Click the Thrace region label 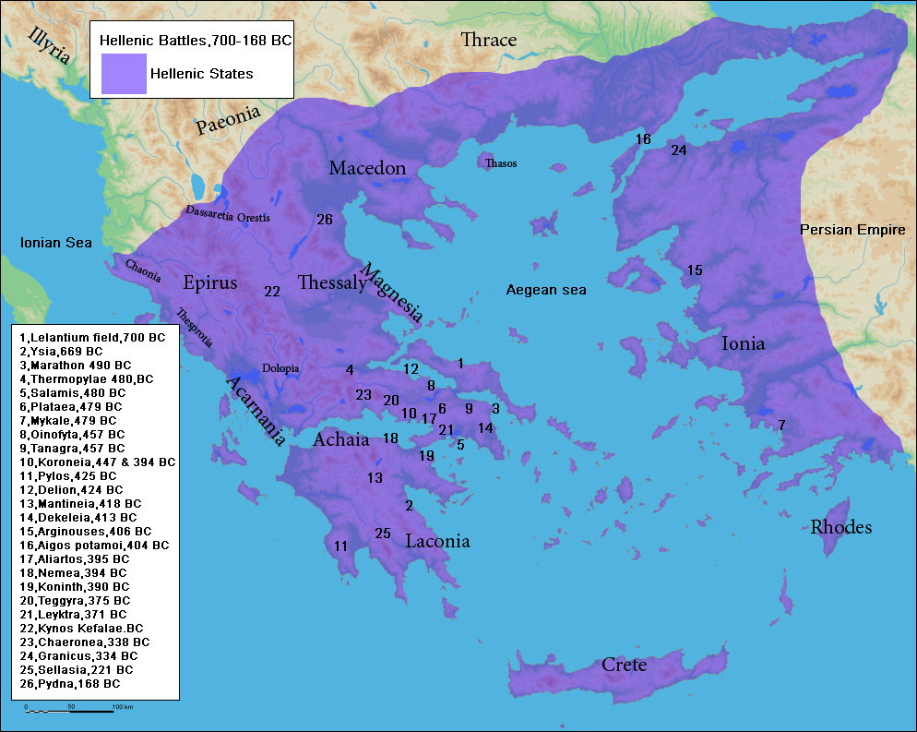coord(488,40)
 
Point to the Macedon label coord(367,168)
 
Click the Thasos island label coord(500,163)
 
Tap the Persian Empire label coord(852,230)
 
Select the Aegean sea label coord(546,290)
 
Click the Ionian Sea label coord(56,243)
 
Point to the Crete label coord(624,665)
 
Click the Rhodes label coord(840,527)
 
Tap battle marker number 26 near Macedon coord(324,220)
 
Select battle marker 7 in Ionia coord(781,425)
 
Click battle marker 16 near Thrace coord(643,139)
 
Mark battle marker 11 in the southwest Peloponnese coord(340,546)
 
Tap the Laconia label coord(437,542)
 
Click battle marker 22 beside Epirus coord(271,291)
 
